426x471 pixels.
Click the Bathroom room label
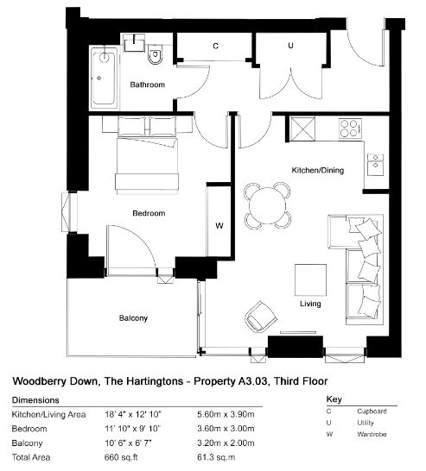[x=148, y=85]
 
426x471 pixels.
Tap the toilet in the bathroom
[x=156, y=54]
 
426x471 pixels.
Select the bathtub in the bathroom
[x=104, y=78]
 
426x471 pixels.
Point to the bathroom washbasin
[x=134, y=43]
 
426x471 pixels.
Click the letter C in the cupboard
[x=215, y=46]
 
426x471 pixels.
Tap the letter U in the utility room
[x=290, y=46]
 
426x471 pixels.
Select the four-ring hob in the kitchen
[x=350, y=129]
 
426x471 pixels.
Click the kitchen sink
[x=376, y=165]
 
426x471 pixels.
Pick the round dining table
[x=268, y=205]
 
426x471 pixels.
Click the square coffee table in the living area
[x=310, y=279]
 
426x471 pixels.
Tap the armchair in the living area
[x=261, y=317]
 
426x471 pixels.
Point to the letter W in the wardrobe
[x=219, y=225]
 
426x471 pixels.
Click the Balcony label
[x=133, y=318]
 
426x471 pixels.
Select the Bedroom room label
[x=149, y=213]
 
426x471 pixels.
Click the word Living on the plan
[x=310, y=304]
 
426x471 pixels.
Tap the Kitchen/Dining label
[x=318, y=170]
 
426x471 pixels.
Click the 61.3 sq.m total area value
[x=216, y=457]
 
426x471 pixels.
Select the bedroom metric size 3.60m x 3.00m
[x=226, y=429]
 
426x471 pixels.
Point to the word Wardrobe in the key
[x=372, y=434]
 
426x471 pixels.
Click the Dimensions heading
[x=35, y=400]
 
